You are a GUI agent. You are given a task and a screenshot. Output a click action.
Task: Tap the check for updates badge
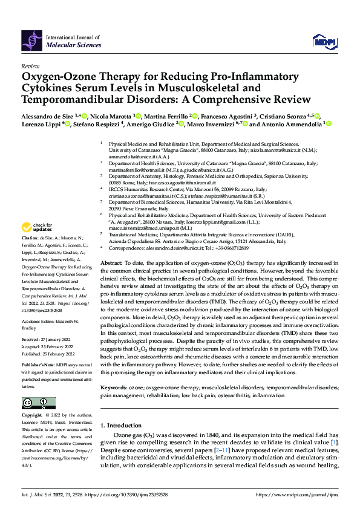37,227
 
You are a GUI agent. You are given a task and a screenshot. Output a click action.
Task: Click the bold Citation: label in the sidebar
31,239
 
